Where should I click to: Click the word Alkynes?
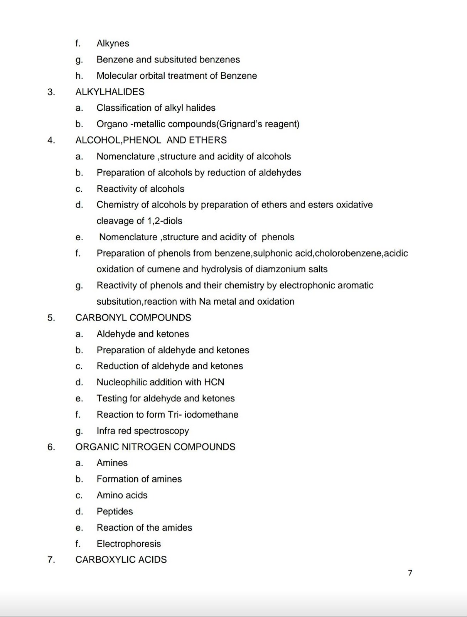click(113, 43)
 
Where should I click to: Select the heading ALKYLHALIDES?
click(110, 92)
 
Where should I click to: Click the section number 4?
click(51, 140)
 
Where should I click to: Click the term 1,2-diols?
click(165, 221)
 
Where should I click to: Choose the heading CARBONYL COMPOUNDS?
click(133, 318)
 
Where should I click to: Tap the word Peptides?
click(115, 511)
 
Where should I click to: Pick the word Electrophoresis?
click(128, 544)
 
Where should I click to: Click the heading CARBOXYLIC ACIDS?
click(121, 560)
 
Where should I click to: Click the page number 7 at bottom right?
click(410, 573)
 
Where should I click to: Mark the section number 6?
click(51, 447)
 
